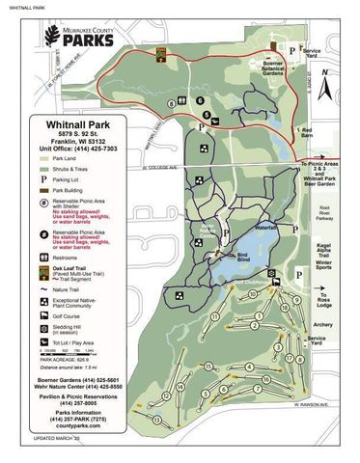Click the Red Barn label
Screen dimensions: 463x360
tap(308, 132)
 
